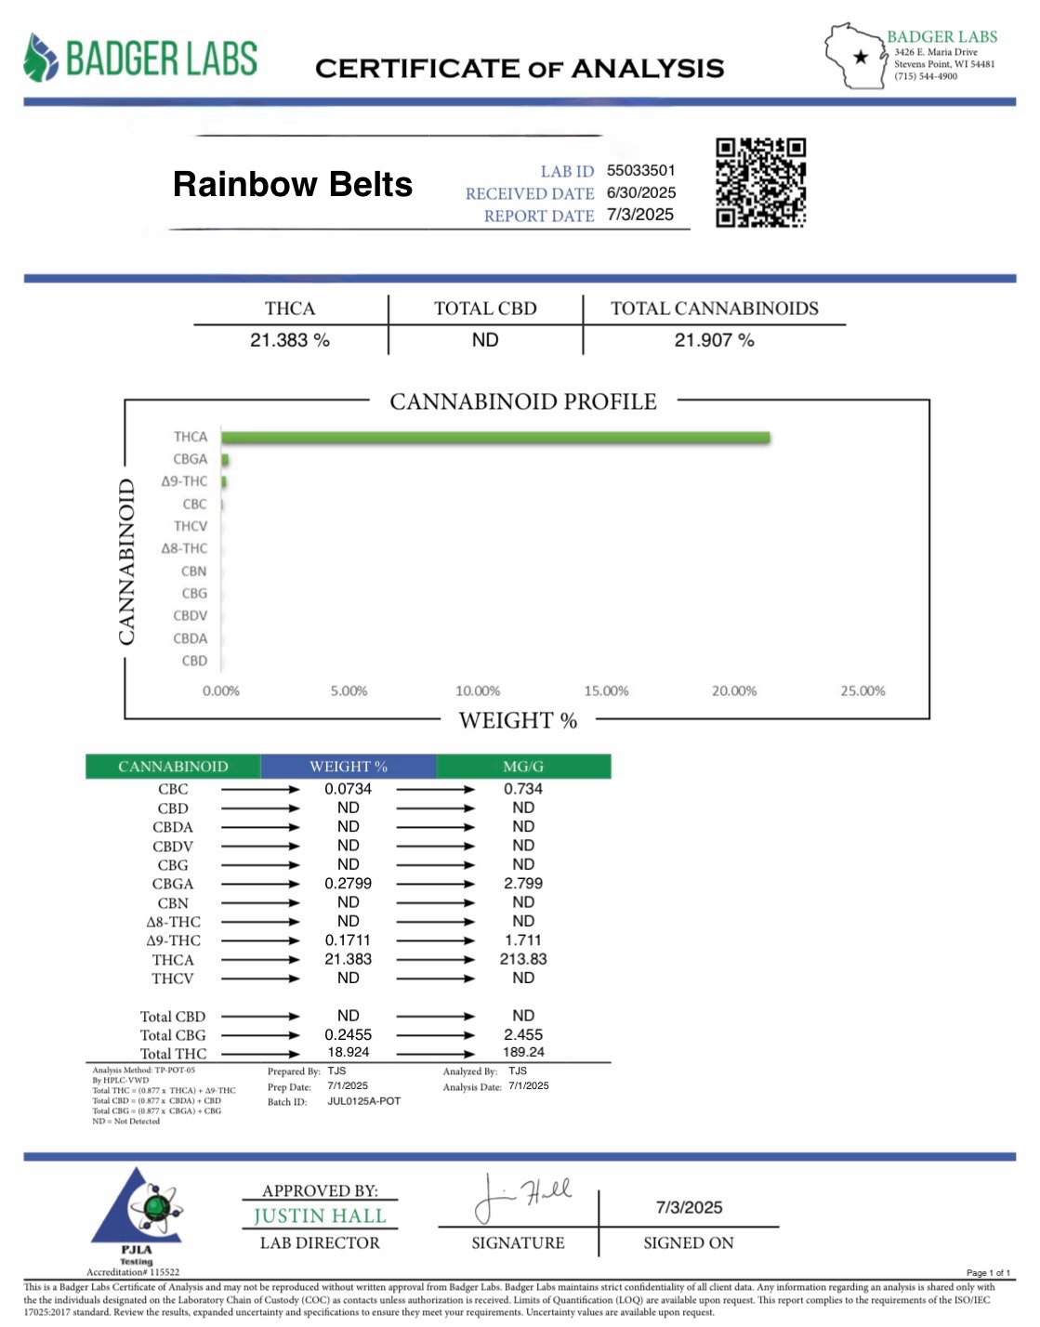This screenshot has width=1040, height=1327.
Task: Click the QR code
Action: point(760,182)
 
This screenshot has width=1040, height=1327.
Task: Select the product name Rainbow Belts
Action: point(292,184)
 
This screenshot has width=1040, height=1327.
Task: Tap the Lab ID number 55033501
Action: point(640,170)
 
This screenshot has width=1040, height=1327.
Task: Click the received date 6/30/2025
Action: point(640,192)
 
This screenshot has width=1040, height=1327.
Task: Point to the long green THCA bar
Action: point(495,438)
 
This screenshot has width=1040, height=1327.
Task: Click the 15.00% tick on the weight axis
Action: point(606,691)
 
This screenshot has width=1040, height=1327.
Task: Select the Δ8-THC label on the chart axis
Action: point(184,548)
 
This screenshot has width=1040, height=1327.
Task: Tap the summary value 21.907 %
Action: point(714,340)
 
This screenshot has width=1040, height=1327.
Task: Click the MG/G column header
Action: point(523,767)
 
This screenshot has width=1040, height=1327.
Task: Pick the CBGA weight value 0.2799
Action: point(348,884)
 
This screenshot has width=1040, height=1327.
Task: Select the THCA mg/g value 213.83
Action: point(523,959)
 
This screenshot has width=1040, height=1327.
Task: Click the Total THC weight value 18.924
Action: point(348,1052)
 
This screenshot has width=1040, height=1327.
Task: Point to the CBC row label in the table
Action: point(173,789)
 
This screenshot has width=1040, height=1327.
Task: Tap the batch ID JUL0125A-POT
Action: point(363,1101)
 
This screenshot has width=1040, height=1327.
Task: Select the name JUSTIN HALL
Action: point(319,1215)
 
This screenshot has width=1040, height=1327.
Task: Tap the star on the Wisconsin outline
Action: point(861,57)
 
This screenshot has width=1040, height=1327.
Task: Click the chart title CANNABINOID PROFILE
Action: point(522,401)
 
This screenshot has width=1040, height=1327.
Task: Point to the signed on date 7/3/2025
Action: point(689,1207)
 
